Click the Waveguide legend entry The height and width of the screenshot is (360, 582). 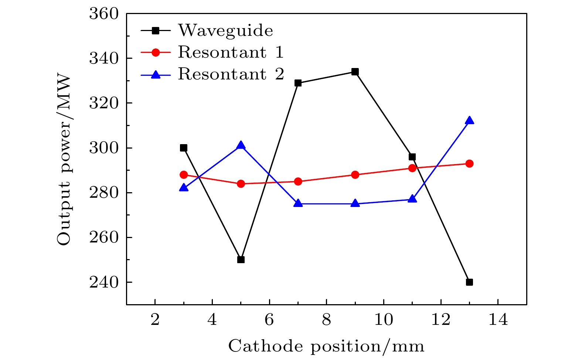click(225, 30)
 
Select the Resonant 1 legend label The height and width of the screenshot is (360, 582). click(231, 52)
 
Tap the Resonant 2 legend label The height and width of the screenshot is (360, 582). click(231, 74)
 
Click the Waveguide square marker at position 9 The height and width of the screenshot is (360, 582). click(355, 72)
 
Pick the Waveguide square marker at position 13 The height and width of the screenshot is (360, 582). click(469, 282)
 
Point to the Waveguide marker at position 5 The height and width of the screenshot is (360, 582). click(241, 259)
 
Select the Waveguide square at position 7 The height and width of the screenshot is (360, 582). click(298, 83)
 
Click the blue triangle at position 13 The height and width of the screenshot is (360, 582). click(469, 120)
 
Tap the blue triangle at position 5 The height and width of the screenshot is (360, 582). click(241, 145)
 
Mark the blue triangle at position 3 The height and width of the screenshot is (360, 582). click(184, 188)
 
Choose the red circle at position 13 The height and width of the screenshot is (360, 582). click(469, 163)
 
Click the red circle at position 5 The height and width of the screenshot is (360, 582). click(241, 184)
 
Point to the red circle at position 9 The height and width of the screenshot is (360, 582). click(355, 174)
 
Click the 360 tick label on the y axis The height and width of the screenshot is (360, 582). click(104, 14)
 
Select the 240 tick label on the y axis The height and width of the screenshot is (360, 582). click(104, 282)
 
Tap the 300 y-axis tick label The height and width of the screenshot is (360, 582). click(104, 148)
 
